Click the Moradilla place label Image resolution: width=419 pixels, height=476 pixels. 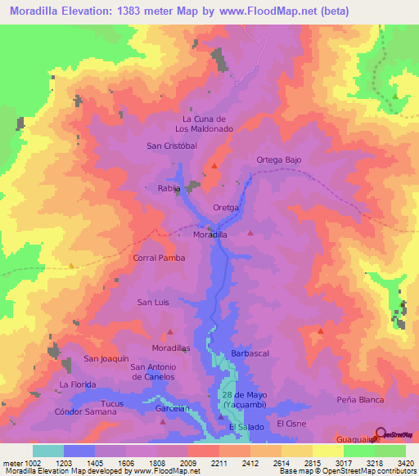(209, 234)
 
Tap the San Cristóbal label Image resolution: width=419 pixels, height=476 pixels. (172, 146)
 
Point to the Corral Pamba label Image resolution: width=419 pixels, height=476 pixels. (159, 258)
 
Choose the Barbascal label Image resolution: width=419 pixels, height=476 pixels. (250, 353)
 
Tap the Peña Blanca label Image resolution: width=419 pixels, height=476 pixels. (360, 400)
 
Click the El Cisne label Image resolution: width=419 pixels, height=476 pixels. (291, 424)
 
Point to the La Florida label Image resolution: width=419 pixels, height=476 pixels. (78, 384)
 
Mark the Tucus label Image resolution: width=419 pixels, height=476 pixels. (111, 403)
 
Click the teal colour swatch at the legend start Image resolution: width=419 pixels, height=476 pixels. (47, 451)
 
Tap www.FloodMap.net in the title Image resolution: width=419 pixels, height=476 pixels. (274, 11)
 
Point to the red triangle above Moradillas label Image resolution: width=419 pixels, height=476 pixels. (170, 332)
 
